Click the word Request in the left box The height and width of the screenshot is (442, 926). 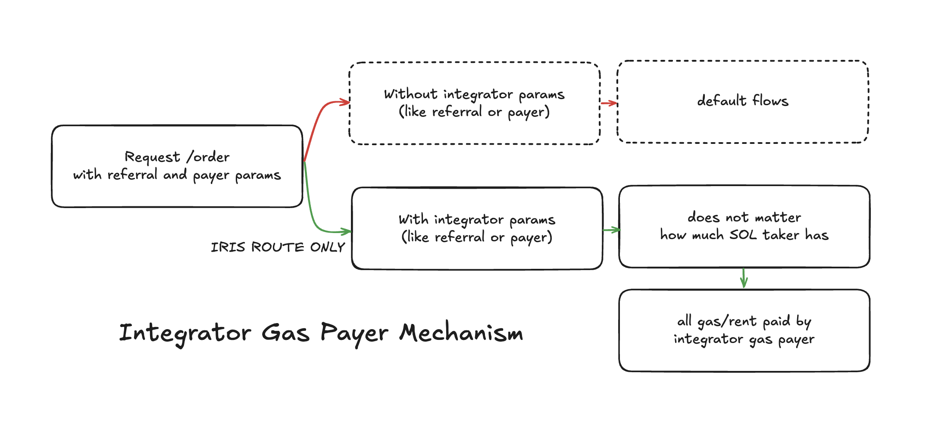pyautogui.click(x=152, y=157)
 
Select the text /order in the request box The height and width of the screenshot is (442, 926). pyautogui.click(x=208, y=157)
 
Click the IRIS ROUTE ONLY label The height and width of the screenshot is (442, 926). pyautogui.click(x=278, y=247)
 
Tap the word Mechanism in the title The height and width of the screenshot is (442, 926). pyautogui.click(x=461, y=333)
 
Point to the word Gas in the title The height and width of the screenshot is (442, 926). pyautogui.click(x=285, y=333)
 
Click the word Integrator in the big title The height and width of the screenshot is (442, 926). pyautogui.click(x=185, y=333)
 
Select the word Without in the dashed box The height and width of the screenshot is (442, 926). pyautogui.click(x=411, y=94)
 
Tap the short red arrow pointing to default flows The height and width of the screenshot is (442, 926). pyautogui.click(x=609, y=103)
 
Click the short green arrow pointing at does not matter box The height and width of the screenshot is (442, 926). pyautogui.click(x=611, y=230)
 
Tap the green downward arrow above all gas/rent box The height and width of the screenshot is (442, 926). pyautogui.click(x=744, y=278)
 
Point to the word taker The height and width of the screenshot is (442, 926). pyautogui.click(x=781, y=235)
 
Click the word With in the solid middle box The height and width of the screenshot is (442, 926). pyautogui.click(x=413, y=220)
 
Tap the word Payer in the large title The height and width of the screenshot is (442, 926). pyautogui.click(x=354, y=333)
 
